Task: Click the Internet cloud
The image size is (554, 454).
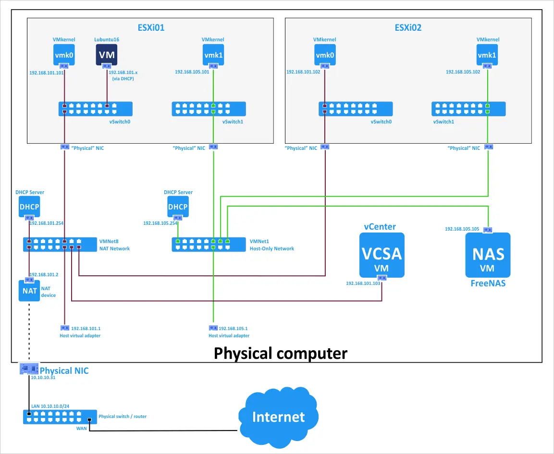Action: coord(278,416)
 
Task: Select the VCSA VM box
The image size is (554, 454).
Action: coord(382,255)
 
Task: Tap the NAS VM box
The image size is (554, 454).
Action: coord(488,255)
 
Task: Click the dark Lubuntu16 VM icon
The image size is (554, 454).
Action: coord(106,55)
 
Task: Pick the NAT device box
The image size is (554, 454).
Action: coord(29,290)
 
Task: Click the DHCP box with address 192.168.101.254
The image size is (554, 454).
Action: coord(29,207)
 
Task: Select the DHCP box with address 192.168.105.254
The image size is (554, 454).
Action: coord(178,207)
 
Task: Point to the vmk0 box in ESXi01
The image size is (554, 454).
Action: coord(64,55)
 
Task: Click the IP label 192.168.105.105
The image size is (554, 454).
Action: coord(462,229)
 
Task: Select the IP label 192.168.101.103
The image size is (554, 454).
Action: coord(363,283)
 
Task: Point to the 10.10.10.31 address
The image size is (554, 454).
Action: coord(43,378)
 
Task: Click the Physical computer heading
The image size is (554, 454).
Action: coord(280,353)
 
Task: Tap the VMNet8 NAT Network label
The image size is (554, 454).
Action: coord(114,245)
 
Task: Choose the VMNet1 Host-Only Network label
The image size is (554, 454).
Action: coord(271,245)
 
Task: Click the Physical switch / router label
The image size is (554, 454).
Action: coord(123,417)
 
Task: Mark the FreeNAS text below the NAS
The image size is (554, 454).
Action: coord(488,283)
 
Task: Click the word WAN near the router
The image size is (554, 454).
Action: coord(81,428)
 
